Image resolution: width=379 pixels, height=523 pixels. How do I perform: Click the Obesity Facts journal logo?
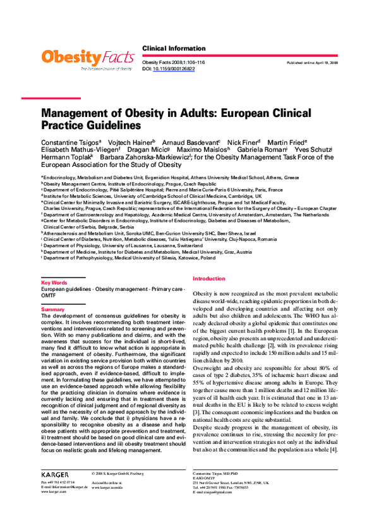(87, 59)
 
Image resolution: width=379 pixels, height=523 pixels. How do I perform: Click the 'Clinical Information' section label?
(174, 49)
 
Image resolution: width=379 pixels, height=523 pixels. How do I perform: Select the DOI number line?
(169, 69)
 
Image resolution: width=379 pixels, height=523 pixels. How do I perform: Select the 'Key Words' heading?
(54, 282)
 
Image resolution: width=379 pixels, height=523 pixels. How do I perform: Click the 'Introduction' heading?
(208, 279)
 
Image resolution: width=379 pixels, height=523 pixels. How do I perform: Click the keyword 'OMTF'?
(49, 295)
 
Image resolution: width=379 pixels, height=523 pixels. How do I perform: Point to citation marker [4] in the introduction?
(334, 450)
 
